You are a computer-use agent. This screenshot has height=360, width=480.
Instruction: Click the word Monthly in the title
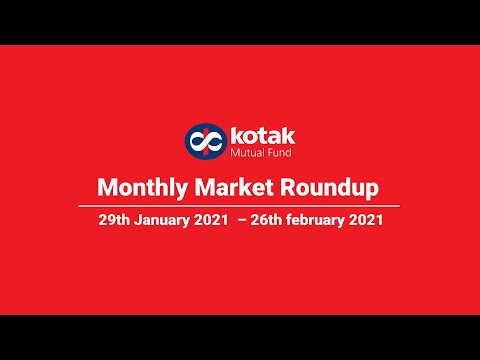pos(134,187)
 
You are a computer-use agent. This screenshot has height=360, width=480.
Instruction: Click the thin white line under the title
pos(240,206)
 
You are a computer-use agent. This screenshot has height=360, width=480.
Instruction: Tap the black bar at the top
pos(240,22)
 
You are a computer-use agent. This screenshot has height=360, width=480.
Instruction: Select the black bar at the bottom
pos(240,337)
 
